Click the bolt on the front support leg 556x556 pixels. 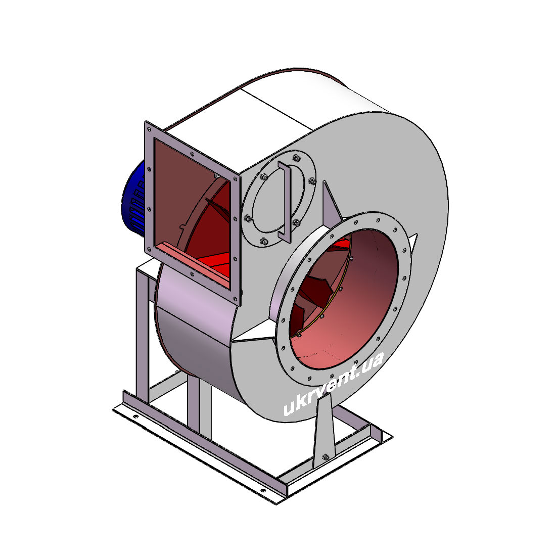326,457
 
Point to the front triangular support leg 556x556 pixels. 325,429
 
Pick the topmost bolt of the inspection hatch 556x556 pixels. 295,157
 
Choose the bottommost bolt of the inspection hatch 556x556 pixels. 264,241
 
